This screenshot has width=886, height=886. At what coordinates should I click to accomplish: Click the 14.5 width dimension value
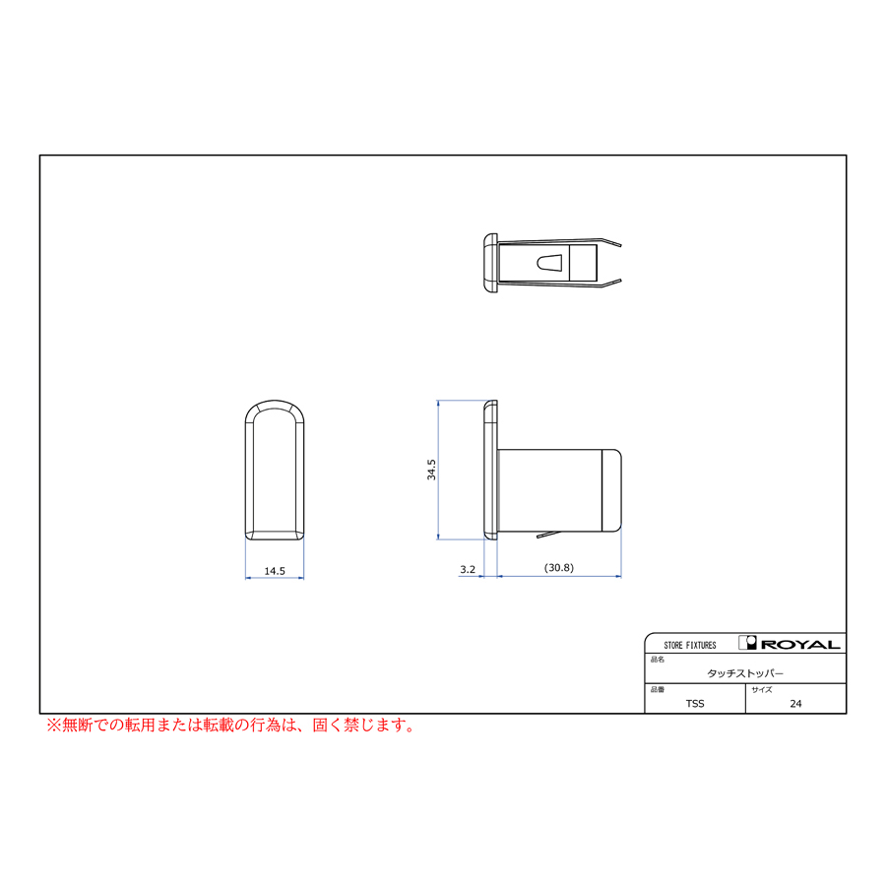click(x=275, y=571)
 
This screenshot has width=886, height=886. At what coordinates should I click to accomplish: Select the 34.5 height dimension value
click(x=432, y=470)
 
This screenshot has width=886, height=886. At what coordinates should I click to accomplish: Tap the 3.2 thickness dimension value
click(x=468, y=569)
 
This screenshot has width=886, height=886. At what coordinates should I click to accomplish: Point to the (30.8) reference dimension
click(x=559, y=567)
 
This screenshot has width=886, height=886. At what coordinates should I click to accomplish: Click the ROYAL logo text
click(x=800, y=644)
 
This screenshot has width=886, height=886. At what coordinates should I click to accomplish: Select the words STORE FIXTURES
click(x=690, y=645)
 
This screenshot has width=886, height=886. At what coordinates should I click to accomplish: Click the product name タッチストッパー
click(x=745, y=673)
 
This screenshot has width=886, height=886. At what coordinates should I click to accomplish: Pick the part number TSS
click(x=695, y=704)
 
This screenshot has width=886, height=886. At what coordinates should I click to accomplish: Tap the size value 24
click(x=795, y=704)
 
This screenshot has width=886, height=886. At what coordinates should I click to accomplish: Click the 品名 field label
click(x=658, y=660)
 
